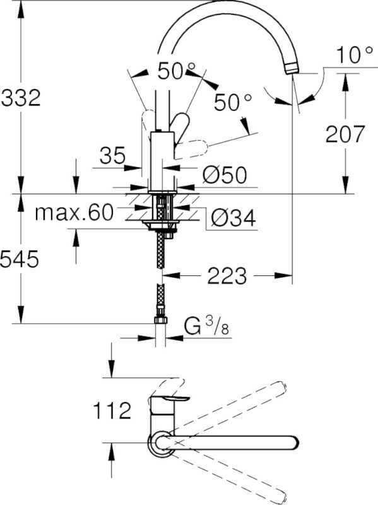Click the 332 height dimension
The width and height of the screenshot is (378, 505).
(x=20, y=98)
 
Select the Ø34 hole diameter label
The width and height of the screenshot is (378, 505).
(x=232, y=218)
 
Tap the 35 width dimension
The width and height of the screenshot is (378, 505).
(x=113, y=156)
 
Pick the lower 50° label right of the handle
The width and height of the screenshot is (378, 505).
(x=232, y=102)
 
